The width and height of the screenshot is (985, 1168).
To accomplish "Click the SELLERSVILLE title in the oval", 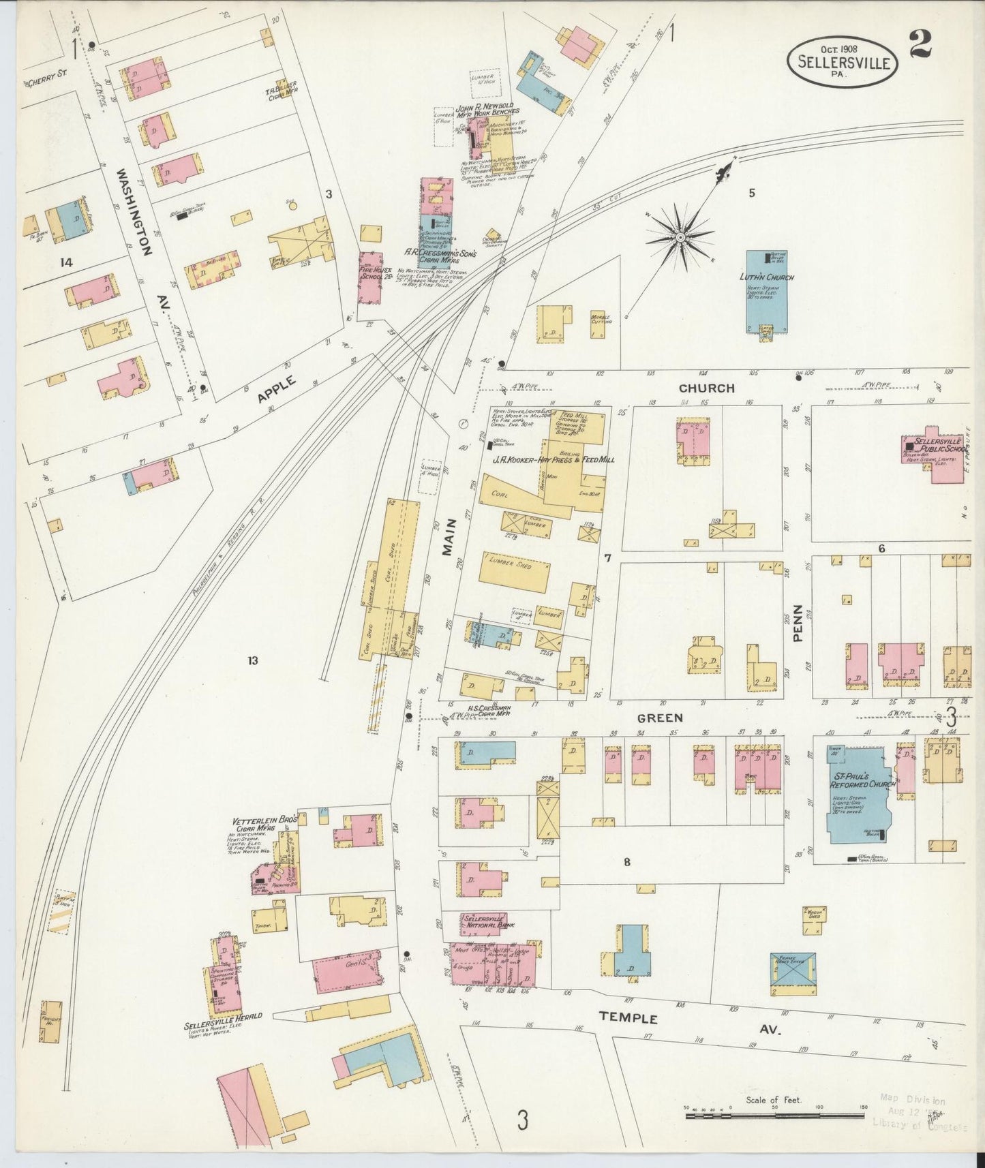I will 843,62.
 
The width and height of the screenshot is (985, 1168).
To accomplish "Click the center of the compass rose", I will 680,237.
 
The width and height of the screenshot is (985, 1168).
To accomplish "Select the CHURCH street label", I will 706,388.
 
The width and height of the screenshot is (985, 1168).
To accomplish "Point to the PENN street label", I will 798,624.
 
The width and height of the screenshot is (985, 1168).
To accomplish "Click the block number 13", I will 253,660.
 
